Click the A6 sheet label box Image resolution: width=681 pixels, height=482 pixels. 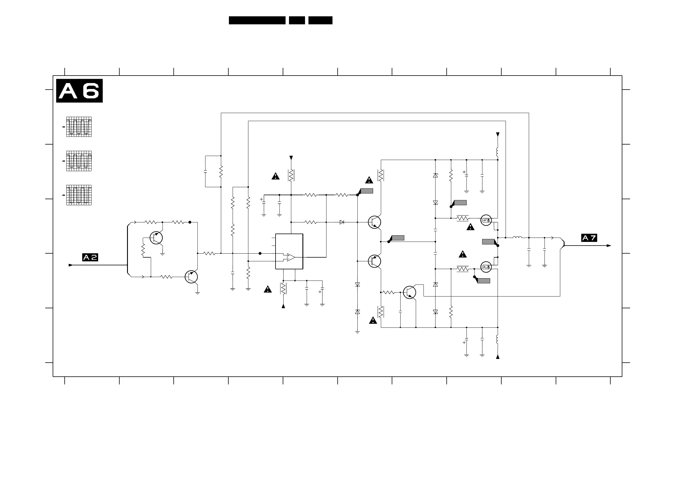click(x=79, y=90)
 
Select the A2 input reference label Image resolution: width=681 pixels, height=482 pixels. click(x=90, y=257)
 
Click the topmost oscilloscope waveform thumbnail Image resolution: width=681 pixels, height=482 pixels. click(x=79, y=127)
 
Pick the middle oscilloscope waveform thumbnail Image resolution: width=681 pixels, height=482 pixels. click(x=79, y=161)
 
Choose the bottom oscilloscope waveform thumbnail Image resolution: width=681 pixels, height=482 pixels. click(x=79, y=195)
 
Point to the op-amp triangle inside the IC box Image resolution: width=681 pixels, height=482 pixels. click(x=291, y=257)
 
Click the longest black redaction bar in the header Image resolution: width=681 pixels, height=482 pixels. click(x=257, y=20)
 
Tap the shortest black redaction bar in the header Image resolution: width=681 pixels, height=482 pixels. click(x=297, y=20)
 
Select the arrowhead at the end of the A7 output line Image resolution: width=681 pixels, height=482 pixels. click(x=609, y=246)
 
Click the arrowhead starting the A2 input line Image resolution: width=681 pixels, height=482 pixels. click(x=71, y=265)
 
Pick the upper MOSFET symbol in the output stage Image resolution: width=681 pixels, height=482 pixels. click(x=486, y=220)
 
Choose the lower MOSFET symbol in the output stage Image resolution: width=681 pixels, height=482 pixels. click(x=486, y=267)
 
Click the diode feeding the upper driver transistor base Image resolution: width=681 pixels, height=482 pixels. click(x=342, y=222)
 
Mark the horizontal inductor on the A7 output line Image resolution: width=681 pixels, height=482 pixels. click(x=517, y=237)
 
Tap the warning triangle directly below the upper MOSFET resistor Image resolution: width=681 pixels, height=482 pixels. click(x=470, y=227)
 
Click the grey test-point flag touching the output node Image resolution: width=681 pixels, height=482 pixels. click(x=489, y=242)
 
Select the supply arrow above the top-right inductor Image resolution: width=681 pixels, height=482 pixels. click(x=498, y=135)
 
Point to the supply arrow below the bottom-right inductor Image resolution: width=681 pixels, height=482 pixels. click(x=498, y=357)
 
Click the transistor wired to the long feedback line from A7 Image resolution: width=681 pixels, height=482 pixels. click(x=409, y=292)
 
